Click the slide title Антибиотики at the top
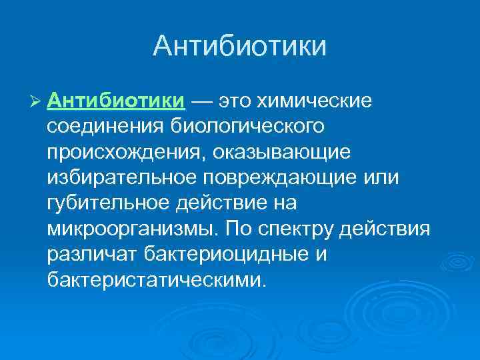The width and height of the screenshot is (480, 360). [x=239, y=47]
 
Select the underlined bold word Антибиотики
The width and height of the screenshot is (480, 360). [x=117, y=101]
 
